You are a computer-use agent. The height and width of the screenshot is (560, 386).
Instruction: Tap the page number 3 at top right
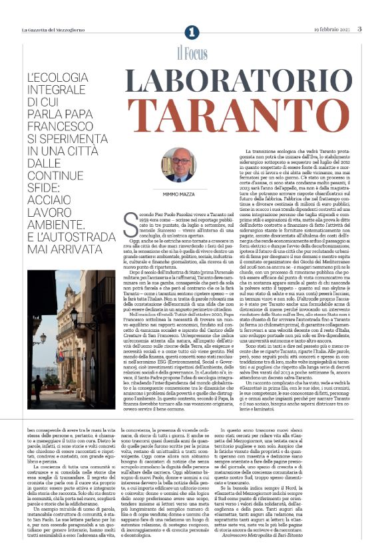tap(359, 29)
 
